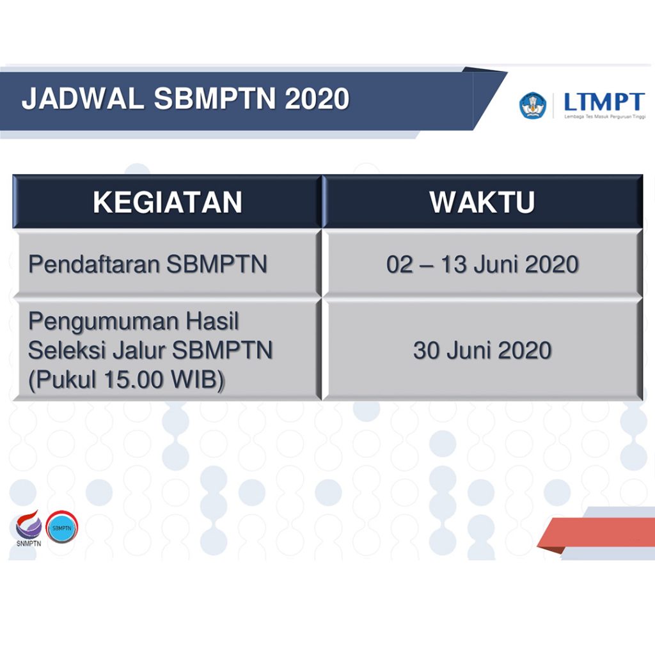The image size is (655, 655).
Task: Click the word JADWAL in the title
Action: [83, 99]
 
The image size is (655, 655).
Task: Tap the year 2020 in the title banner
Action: [317, 99]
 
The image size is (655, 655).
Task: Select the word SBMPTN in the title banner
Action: [215, 99]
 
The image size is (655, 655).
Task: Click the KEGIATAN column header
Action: [168, 202]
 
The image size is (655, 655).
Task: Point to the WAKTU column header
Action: [482, 202]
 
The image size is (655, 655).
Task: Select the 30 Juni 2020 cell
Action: [482, 350]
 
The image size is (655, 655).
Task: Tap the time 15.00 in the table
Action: [133, 380]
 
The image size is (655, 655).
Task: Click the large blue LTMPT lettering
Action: [604, 102]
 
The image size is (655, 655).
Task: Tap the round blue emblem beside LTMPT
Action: [533, 106]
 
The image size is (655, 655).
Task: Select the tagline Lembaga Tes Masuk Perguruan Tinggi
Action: [605, 116]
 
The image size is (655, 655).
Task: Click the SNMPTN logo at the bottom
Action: [29, 528]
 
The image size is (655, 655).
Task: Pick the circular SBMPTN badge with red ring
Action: [62, 527]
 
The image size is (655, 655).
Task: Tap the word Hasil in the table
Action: [212, 321]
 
